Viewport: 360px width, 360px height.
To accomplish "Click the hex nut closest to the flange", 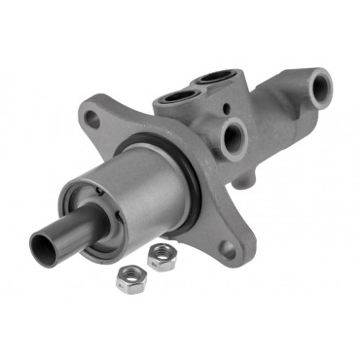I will click(160, 256).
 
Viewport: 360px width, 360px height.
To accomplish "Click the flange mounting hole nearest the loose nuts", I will click(229, 248).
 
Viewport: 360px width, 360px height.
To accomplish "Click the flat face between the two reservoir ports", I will click(196, 89).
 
